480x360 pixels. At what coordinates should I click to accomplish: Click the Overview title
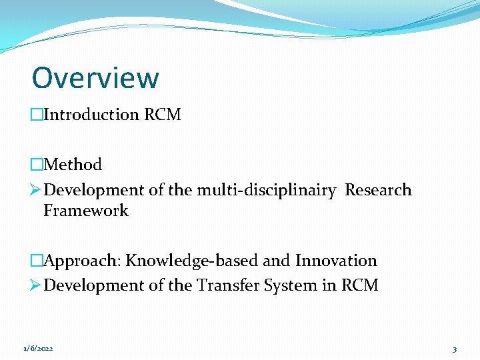pyautogui.click(x=95, y=77)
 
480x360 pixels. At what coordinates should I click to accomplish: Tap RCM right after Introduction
pyautogui.click(x=163, y=115)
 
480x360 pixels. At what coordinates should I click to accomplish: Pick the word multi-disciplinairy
pyautogui.click(x=266, y=190)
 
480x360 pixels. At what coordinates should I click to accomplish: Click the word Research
pyautogui.click(x=378, y=190)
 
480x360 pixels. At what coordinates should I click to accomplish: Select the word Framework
pyautogui.click(x=86, y=211)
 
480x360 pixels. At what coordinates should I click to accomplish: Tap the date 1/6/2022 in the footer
pyautogui.click(x=38, y=349)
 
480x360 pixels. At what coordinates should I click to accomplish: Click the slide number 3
pyautogui.click(x=454, y=349)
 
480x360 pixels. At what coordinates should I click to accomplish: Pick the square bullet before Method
pyautogui.click(x=36, y=165)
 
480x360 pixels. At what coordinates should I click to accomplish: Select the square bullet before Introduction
pyautogui.click(x=36, y=115)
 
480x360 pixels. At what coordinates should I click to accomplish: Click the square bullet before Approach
pyautogui.click(x=36, y=261)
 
